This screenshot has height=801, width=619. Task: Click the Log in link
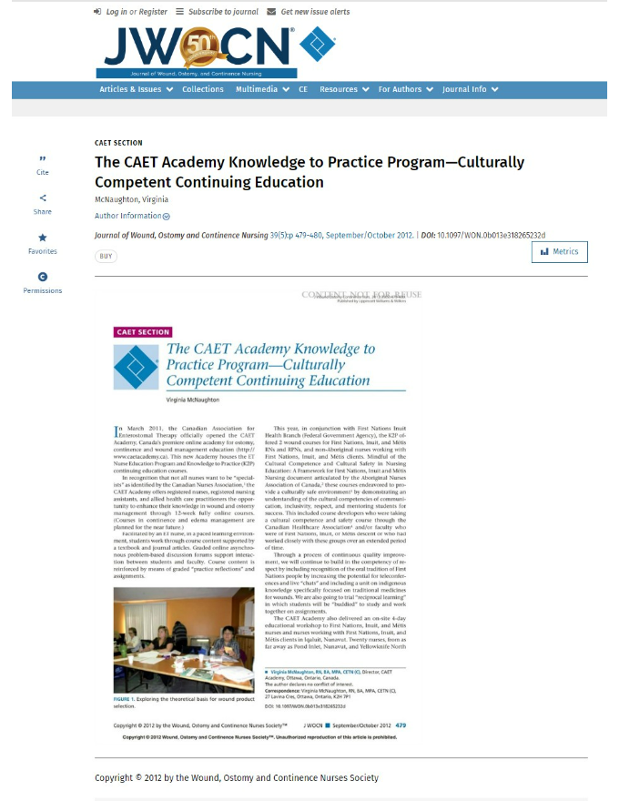coord(117,12)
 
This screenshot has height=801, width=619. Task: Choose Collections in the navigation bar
coord(202,89)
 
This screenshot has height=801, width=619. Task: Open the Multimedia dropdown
coord(261,89)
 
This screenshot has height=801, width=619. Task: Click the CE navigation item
coord(303,89)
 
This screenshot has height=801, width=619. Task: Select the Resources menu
coord(344,89)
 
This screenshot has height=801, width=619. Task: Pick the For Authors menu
coord(405,89)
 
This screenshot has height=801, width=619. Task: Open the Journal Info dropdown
coord(470,89)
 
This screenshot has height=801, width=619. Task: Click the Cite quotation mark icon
coord(43,158)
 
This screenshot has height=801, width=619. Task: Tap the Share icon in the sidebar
coord(43,198)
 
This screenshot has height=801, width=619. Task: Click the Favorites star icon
coord(43,238)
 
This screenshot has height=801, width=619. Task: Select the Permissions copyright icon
coord(43,277)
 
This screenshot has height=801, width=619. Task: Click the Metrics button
coord(559,251)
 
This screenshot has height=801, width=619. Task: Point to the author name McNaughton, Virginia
coord(131,199)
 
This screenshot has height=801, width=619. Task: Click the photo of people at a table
coord(184,640)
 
